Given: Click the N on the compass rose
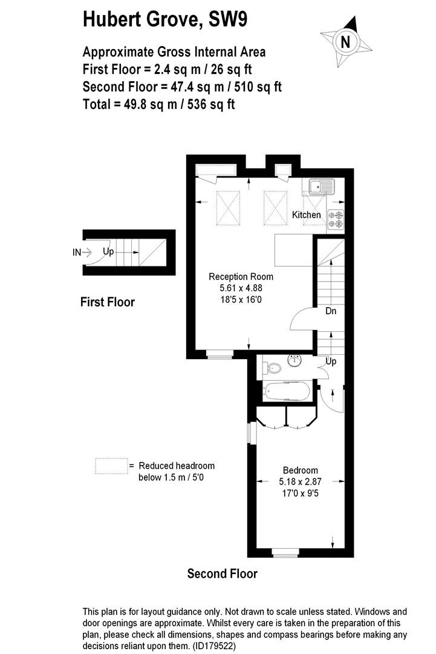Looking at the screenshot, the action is click(345, 42).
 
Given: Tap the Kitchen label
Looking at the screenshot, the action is click(307, 215).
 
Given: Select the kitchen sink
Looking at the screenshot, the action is click(322, 187).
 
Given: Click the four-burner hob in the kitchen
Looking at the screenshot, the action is click(336, 220).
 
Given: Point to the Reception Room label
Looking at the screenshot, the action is click(241, 277).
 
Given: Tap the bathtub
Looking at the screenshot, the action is click(286, 392).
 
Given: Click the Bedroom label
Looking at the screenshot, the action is click(301, 470).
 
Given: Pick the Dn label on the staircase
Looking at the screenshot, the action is click(331, 311).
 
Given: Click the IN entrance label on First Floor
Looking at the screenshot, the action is click(77, 253).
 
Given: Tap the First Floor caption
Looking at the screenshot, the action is click(108, 302).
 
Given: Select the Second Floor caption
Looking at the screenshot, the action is click(223, 573).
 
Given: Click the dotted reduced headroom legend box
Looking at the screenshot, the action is click(111, 466).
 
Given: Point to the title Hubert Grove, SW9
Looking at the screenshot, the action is click(165, 19).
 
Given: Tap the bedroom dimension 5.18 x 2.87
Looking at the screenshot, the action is click(301, 482).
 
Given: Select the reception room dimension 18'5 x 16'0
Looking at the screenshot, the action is click(241, 300).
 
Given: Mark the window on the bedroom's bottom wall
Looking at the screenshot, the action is click(285, 552).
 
